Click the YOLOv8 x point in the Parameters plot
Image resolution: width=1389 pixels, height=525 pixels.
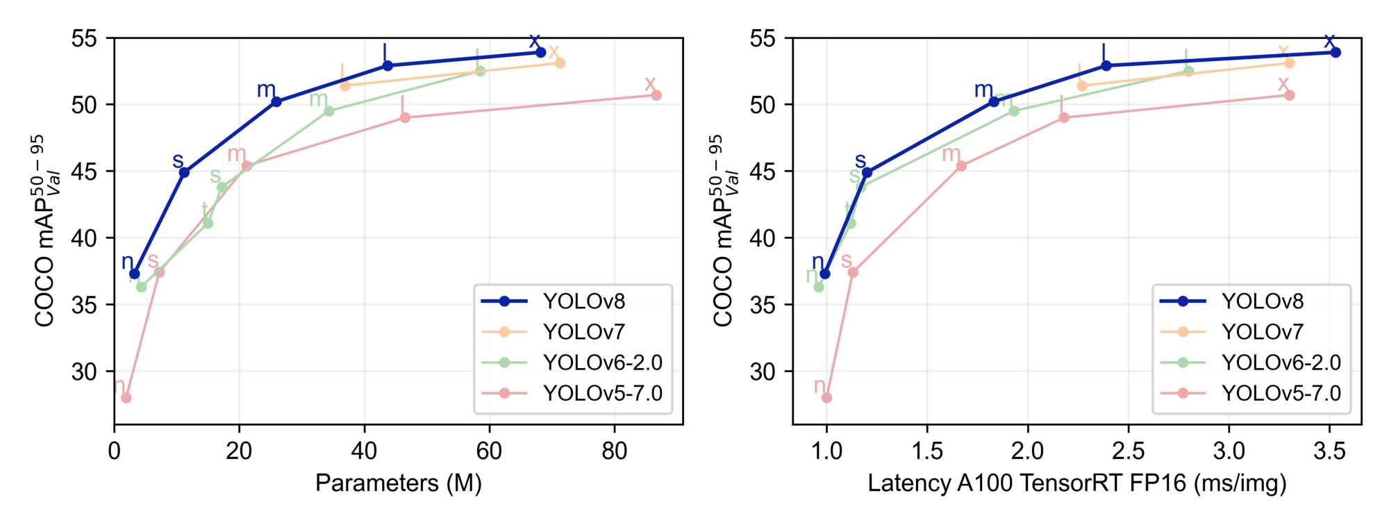tap(540, 52)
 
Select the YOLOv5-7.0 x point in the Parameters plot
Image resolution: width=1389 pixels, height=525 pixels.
tap(656, 95)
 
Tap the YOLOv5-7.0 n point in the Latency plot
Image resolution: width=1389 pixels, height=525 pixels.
tap(826, 398)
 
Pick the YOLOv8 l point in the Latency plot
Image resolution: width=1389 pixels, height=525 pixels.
tap(1106, 66)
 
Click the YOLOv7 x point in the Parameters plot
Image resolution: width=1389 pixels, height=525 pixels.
tap(560, 63)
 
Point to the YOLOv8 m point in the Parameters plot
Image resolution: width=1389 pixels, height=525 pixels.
tap(276, 102)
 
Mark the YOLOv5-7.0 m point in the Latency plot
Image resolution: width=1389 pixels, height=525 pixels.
tap(962, 166)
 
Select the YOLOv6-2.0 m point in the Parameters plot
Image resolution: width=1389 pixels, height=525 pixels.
tap(329, 111)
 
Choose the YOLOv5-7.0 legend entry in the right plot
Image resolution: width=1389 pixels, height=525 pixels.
tap(1281, 393)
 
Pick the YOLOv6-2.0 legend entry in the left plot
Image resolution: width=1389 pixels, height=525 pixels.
tap(602, 362)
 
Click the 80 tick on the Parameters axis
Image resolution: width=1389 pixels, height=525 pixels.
tap(614, 451)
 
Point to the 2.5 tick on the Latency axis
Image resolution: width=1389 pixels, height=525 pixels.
tap(1128, 451)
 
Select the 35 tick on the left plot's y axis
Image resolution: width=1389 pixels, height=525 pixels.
tap(84, 305)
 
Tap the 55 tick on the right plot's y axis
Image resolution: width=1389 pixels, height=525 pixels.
tap(763, 39)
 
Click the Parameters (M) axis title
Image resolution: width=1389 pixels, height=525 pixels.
tap(398, 483)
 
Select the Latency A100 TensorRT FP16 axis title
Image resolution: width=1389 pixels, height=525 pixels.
tap(1076, 483)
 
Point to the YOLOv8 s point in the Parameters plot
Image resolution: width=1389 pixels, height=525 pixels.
tap(184, 172)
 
